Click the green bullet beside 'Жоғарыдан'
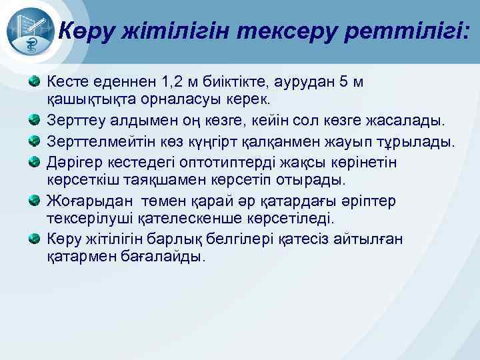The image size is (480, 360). pyautogui.click(x=33, y=200)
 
